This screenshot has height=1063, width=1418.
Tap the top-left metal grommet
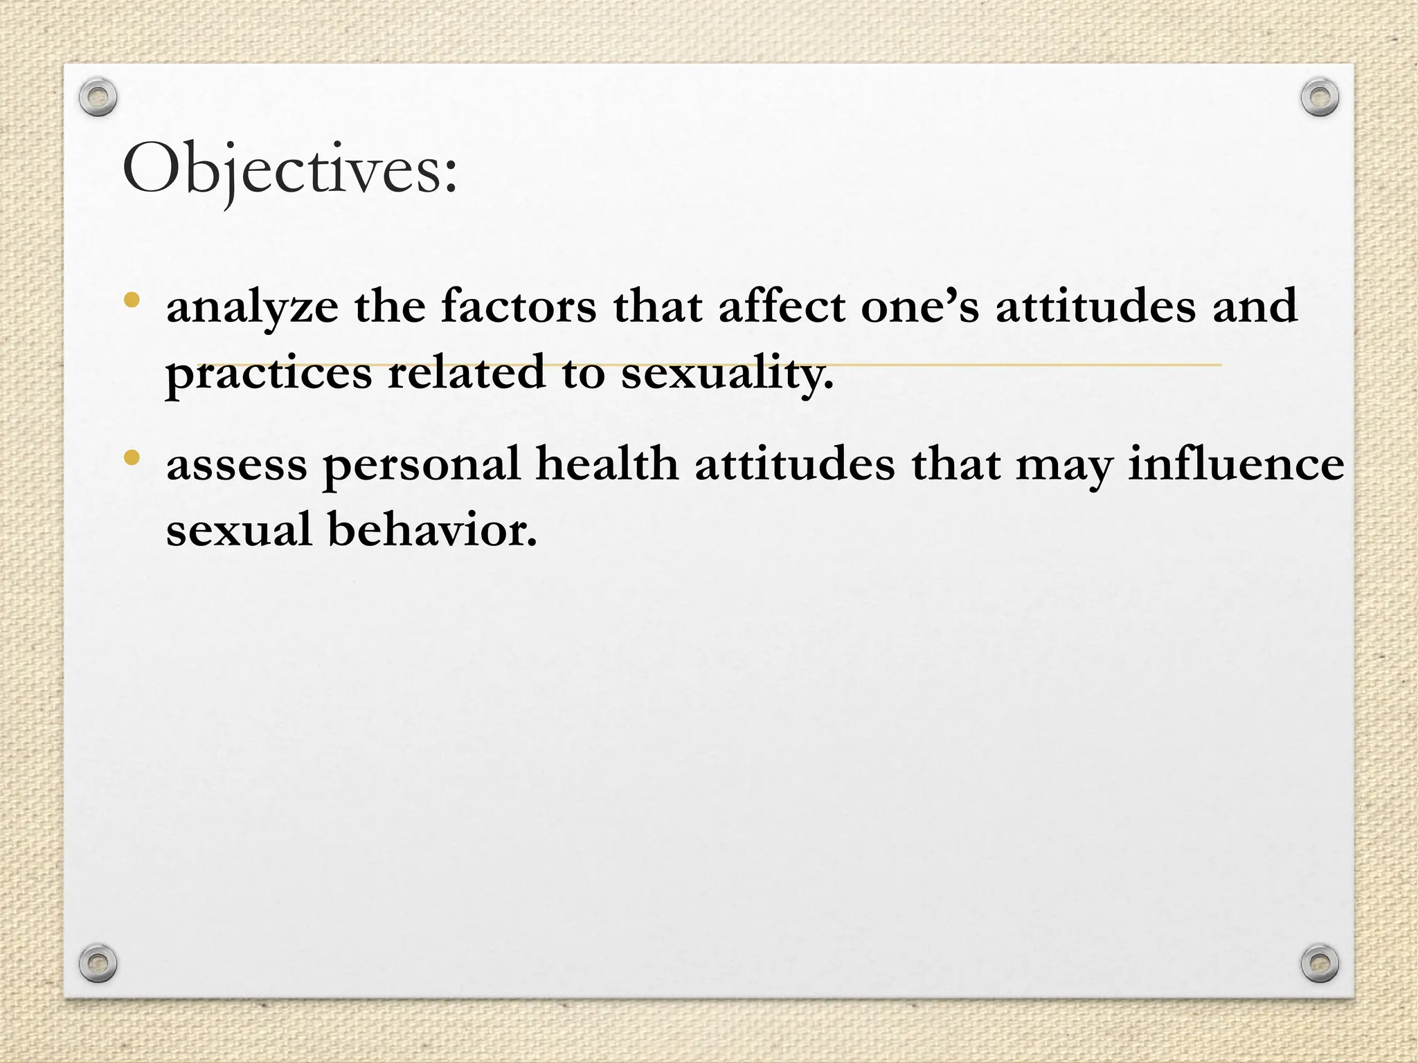[x=98, y=97]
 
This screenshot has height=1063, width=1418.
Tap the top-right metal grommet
[x=1320, y=97]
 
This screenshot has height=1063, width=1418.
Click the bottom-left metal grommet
[x=98, y=963]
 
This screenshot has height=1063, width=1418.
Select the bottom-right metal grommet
[x=1320, y=963]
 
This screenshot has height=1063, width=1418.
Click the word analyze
[x=252, y=307]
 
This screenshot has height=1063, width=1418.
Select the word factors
[x=519, y=306]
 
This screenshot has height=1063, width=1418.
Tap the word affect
[x=782, y=306]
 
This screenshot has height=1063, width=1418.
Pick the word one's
[x=919, y=307]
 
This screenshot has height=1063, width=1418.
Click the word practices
[x=269, y=374]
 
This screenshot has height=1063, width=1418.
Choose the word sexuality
[x=727, y=374]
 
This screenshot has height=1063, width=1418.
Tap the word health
[x=607, y=463]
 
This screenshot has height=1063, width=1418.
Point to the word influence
[x=1236, y=463]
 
